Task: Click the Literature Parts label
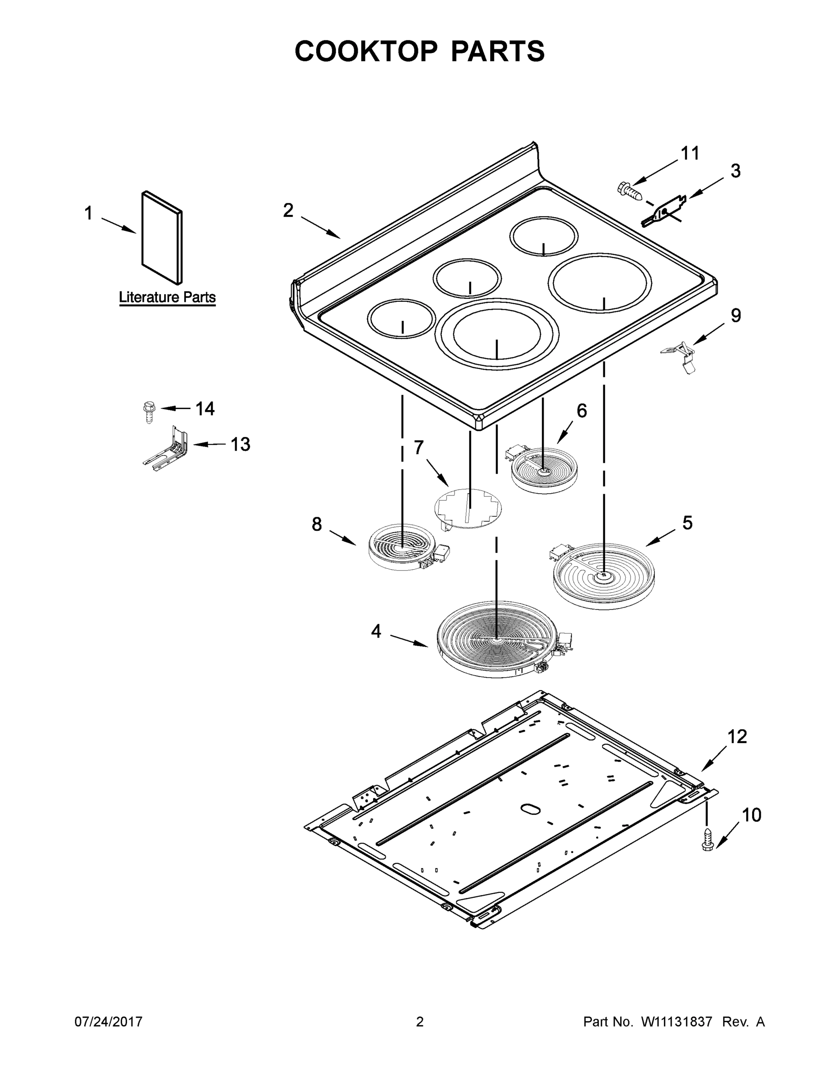click(167, 297)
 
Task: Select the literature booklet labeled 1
click(162, 237)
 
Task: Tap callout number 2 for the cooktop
click(288, 211)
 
